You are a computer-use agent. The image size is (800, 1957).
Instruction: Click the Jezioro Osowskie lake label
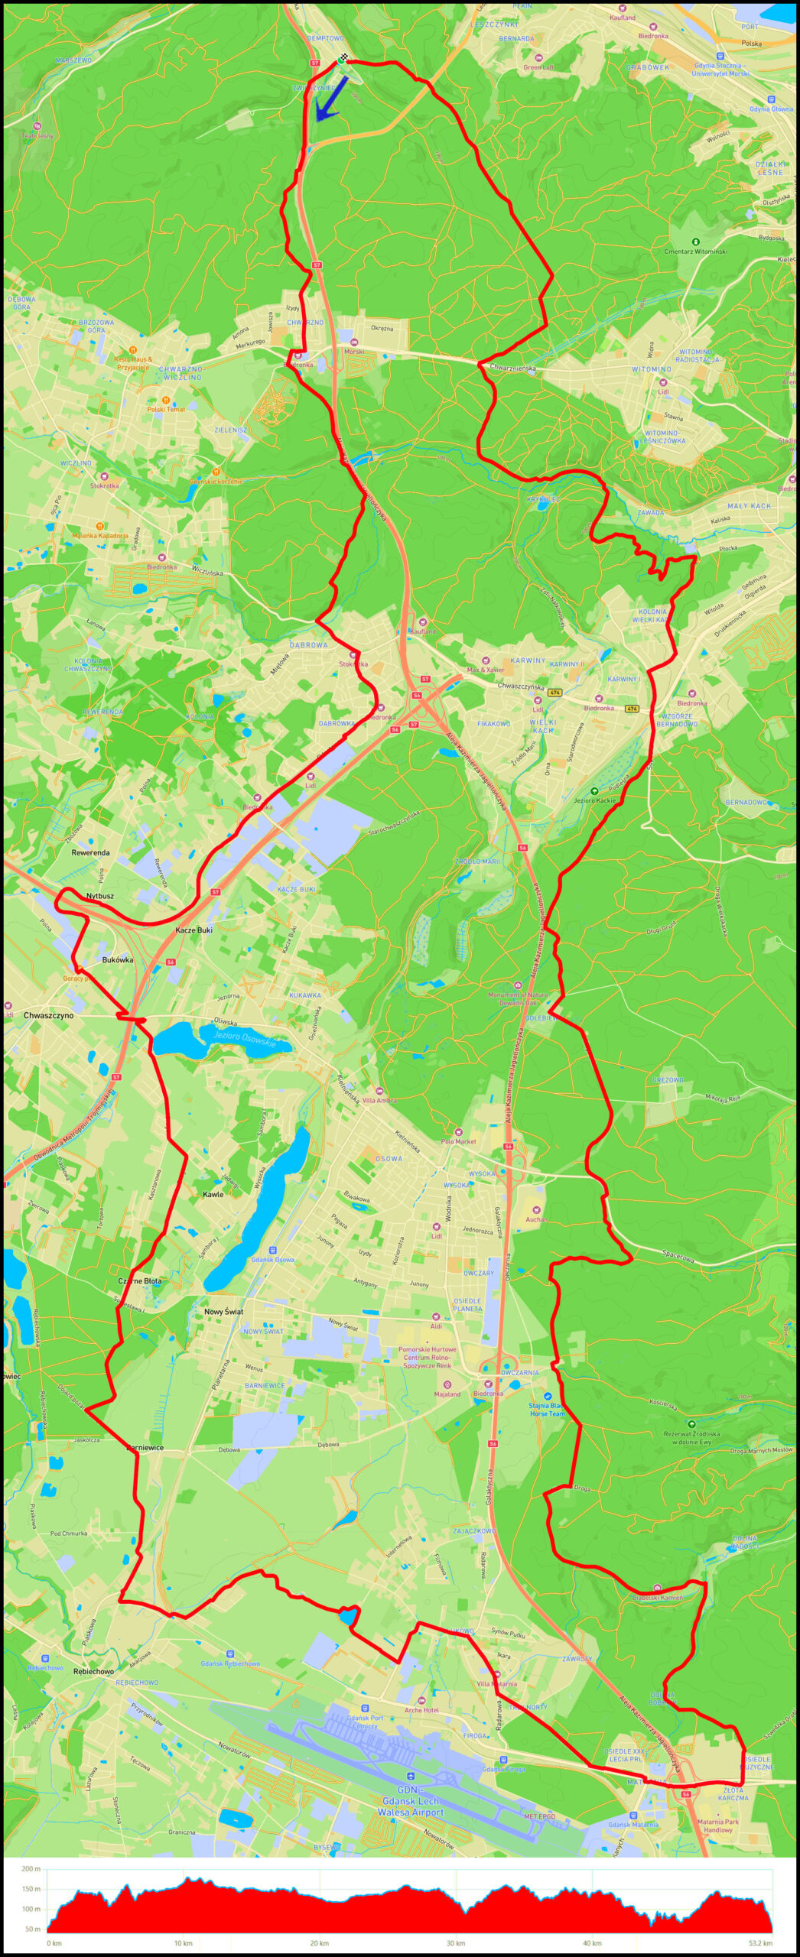click(x=243, y=1037)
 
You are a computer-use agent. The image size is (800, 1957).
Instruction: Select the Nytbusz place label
click(x=100, y=895)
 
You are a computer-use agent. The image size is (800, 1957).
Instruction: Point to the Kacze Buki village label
click(x=193, y=930)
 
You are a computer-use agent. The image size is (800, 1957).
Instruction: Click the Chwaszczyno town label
click(x=48, y=1015)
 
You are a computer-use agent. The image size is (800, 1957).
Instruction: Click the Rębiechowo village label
click(x=93, y=1671)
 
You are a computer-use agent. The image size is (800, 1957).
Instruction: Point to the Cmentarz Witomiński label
click(x=695, y=251)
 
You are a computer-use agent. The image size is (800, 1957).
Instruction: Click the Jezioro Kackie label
click(x=594, y=800)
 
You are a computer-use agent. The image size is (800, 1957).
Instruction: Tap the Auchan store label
click(x=536, y=1219)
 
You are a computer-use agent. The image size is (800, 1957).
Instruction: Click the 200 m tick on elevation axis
click(x=31, y=1863)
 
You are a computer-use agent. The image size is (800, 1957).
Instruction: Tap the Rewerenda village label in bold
click(x=90, y=852)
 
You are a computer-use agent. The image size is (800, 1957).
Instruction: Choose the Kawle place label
click(x=213, y=1193)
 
